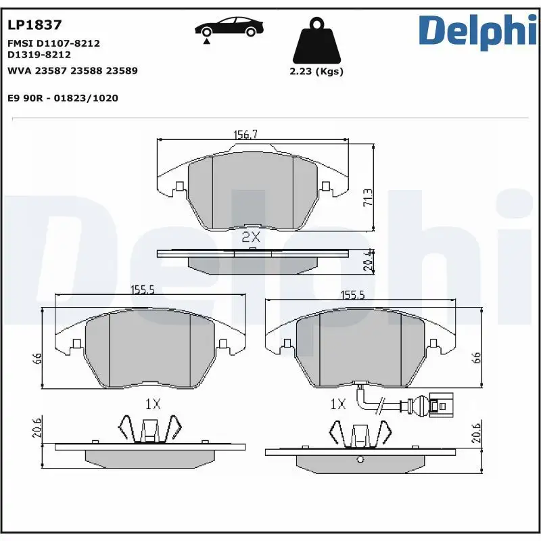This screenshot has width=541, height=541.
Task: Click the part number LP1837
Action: [34, 25]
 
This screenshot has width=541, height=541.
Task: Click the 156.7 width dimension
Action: [245, 135]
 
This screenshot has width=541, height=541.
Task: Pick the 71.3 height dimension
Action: [368, 197]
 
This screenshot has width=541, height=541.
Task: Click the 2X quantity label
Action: [251, 237]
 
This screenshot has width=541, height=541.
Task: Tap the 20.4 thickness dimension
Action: [368, 260]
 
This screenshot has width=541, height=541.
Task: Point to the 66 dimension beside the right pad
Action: [476, 358]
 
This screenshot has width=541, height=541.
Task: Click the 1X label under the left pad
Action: [153, 404]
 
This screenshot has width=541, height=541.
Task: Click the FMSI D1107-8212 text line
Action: [53, 43]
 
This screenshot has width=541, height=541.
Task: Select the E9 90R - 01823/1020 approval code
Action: [62, 98]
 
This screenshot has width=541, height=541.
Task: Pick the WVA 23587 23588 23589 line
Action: [72, 70]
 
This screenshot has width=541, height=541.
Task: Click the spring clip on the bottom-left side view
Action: [150, 430]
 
